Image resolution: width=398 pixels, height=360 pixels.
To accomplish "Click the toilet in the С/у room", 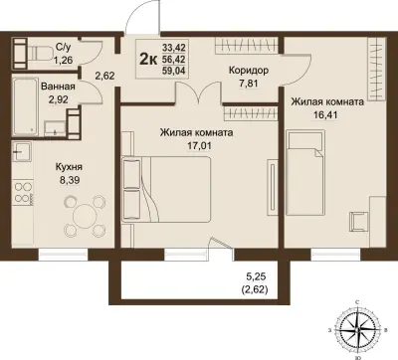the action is click(x=40, y=53).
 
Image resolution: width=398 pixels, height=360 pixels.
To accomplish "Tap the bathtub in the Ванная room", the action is click(x=26, y=105).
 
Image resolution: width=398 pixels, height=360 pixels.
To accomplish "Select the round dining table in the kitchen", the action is click(x=85, y=216).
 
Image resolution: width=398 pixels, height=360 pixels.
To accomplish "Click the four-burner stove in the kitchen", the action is click(x=23, y=192).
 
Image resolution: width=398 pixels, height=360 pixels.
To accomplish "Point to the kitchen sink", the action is click(x=22, y=151).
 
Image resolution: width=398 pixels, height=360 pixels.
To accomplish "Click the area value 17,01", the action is click(x=197, y=145).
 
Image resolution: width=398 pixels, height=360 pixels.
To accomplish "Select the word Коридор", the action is click(x=249, y=71).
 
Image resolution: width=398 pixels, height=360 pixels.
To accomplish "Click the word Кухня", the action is click(x=69, y=167).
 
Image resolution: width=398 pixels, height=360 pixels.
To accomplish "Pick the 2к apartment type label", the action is click(x=148, y=60).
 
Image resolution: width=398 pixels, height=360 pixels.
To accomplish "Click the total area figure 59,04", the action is click(x=174, y=71).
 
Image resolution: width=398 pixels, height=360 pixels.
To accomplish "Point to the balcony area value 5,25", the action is click(x=257, y=276).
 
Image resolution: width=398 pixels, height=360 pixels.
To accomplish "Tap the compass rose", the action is click(x=357, y=330).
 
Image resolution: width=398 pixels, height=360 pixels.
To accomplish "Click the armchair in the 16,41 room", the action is click(x=359, y=221).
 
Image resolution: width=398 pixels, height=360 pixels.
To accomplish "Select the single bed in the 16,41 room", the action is click(x=305, y=173).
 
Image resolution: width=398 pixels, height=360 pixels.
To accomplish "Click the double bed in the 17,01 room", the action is click(x=166, y=189).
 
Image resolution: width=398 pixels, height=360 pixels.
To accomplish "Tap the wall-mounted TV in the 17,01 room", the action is click(x=272, y=187).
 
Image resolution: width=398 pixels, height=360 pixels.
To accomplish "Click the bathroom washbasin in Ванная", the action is click(x=55, y=128).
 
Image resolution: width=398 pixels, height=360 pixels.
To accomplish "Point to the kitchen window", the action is click(x=63, y=255).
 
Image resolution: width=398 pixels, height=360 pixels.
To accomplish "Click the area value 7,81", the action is click(x=249, y=84).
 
